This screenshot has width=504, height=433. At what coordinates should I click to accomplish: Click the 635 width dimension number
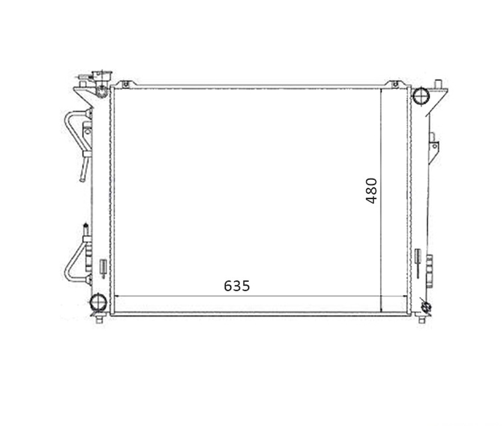[x=236, y=285]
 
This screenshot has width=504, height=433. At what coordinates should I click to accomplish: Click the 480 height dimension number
[x=371, y=191]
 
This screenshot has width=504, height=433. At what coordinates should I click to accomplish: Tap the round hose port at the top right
[x=421, y=96]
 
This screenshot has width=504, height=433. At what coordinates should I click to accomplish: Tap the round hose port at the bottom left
[x=98, y=302]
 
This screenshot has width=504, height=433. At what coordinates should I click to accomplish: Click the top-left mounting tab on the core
[x=125, y=84]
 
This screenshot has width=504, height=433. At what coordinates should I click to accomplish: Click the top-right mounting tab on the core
[x=395, y=84]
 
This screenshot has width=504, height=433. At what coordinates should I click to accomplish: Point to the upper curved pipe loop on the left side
[x=68, y=128]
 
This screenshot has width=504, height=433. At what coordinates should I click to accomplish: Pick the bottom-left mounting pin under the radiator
[x=99, y=320]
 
